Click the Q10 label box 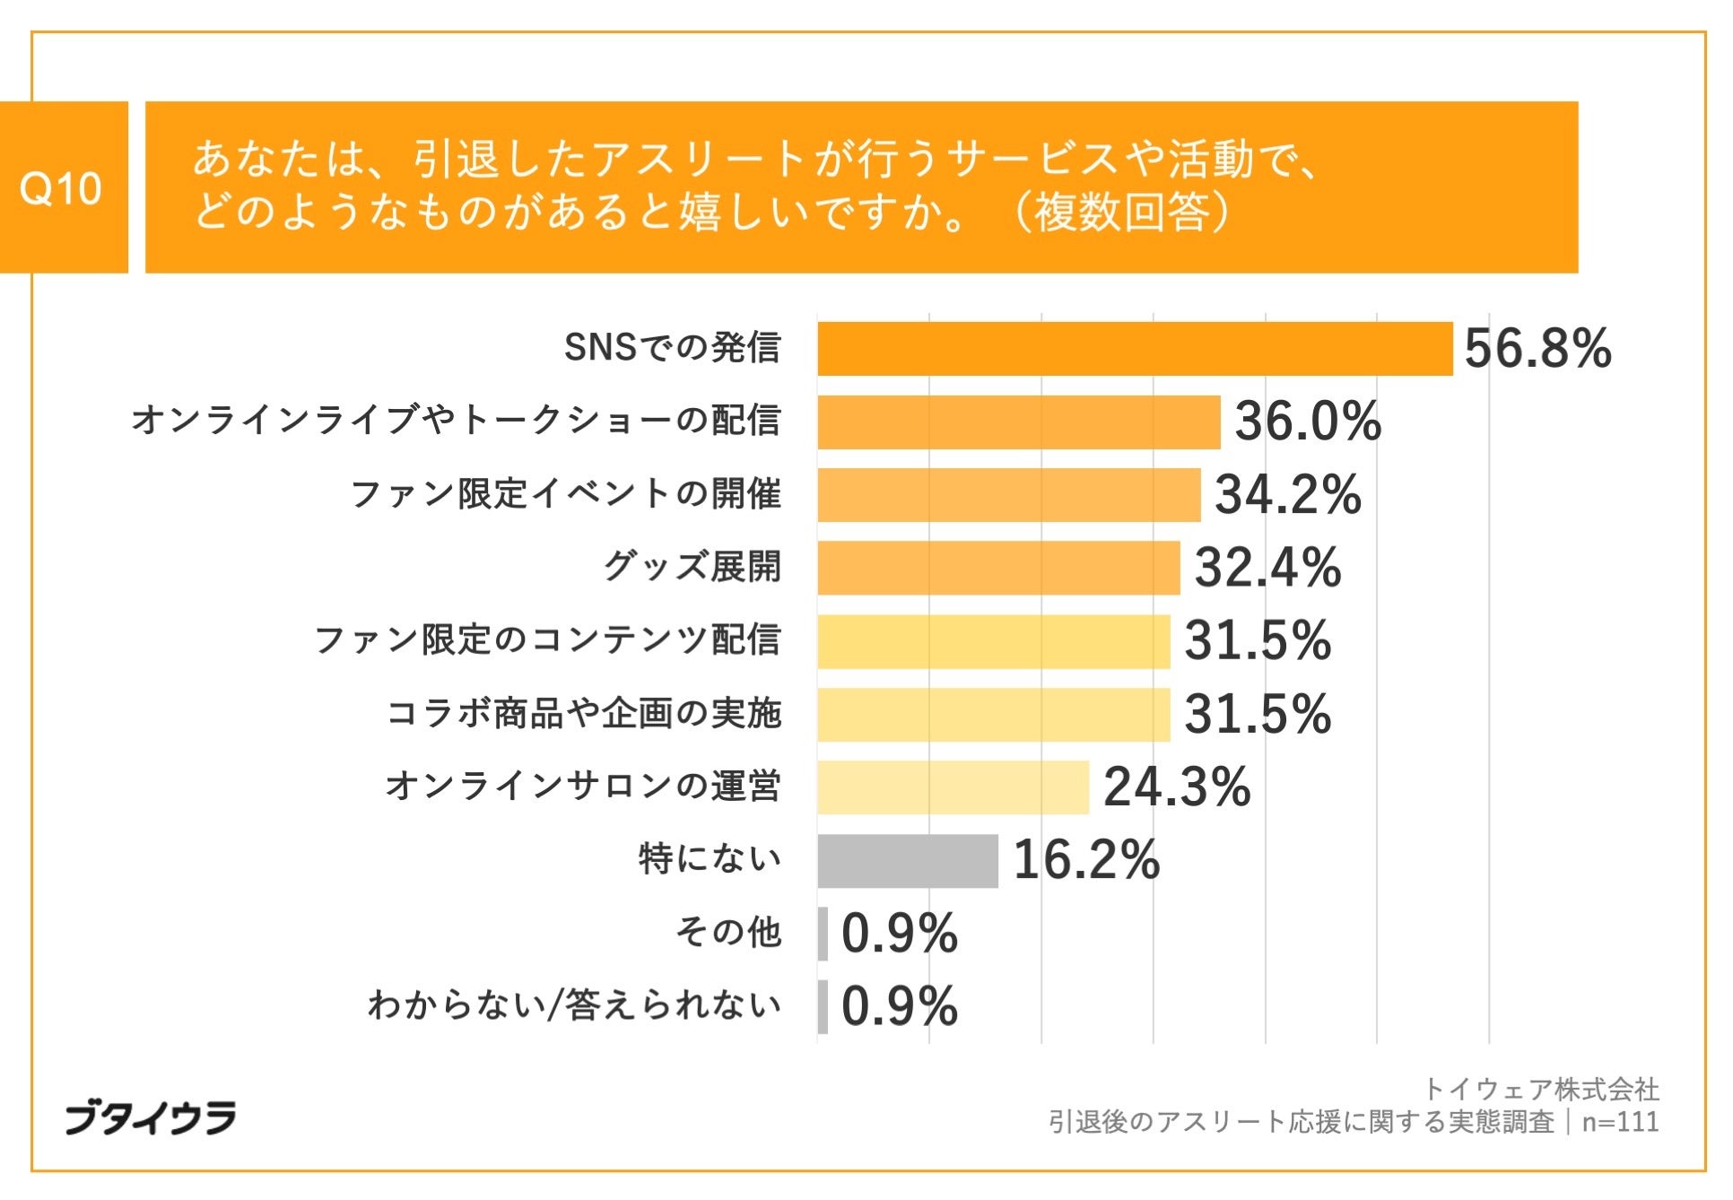pyautogui.click(x=63, y=187)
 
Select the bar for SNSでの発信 pyautogui.click(x=1134, y=349)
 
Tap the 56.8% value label pyautogui.click(x=1537, y=349)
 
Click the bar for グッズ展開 pyautogui.click(x=997, y=568)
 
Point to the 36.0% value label pyautogui.click(x=1307, y=422)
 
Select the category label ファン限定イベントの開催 pyautogui.click(x=565, y=494)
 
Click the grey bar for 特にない pyautogui.click(x=907, y=861)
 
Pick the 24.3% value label pyautogui.click(x=1176, y=787)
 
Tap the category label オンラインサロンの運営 pyautogui.click(x=583, y=787)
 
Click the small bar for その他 pyautogui.click(x=823, y=934)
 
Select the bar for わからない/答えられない pyautogui.click(x=823, y=1006)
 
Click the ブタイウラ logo pyautogui.click(x=151, y=1117)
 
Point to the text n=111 pyautogui.click(x=1620, y=1122)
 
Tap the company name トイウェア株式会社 pyautogui.click(x=1540, y=1090)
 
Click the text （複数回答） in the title pyautogui.click(x=1121, y=213)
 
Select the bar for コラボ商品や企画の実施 pyautogui.click(x=993, y=715)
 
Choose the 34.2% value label pyautogui.click(x=1287, y=495)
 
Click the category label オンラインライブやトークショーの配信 pyautogui.click(x=456, y=421)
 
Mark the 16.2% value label pyautogui.click(x=1085, y=860)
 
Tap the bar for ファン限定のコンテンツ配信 pyautogui.click(x=993, y=641)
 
